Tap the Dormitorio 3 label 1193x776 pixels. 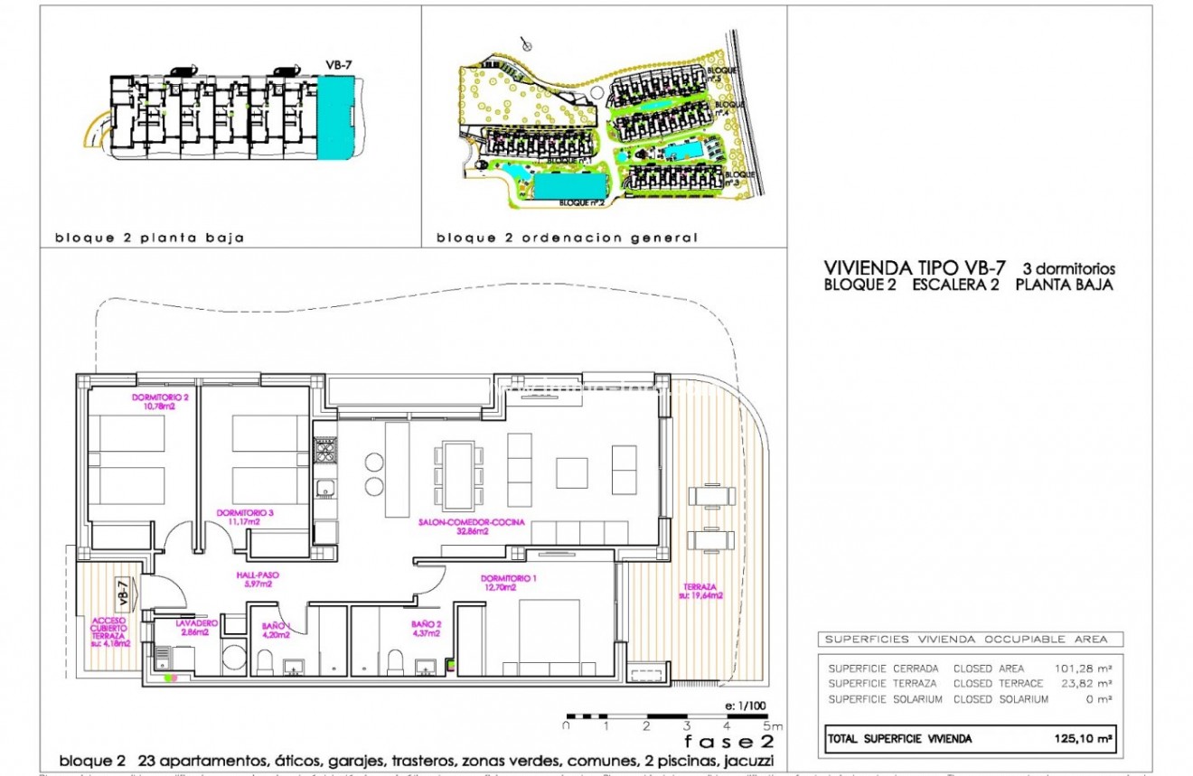239,517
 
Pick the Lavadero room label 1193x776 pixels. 174,628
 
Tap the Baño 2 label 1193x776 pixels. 421,628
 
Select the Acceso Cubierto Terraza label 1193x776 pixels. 108,631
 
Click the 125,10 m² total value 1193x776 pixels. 1080,739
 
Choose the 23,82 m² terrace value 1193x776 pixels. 1083,684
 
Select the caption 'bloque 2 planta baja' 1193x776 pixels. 149,238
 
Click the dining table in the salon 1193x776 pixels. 457,473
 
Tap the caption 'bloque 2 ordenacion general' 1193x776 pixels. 567,238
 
